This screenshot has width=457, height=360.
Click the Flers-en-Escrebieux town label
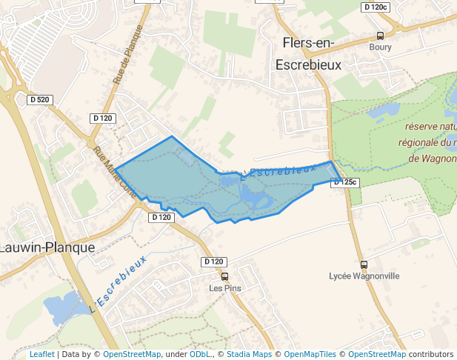point(308,53)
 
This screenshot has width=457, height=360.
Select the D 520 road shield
point(39,99)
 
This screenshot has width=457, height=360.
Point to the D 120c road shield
point(376,7)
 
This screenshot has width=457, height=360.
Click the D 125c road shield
point(345,181)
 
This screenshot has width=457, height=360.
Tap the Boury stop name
point(380,47)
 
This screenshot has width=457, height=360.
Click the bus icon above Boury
point(380,36)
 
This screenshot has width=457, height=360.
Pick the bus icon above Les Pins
point(224,276)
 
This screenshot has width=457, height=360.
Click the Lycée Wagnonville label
point(364,276)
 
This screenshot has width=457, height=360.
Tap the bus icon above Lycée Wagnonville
point(364,264)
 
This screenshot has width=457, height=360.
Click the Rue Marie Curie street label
point(114,171)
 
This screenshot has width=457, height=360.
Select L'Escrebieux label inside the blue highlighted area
point(284,170)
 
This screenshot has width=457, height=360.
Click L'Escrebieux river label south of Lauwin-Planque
point(117,283)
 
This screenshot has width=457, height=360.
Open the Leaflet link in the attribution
point(41,354)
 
